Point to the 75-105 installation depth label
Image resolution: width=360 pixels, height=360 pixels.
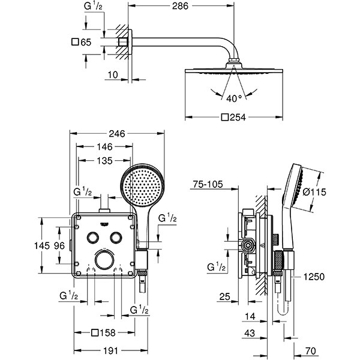point(207,185)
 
